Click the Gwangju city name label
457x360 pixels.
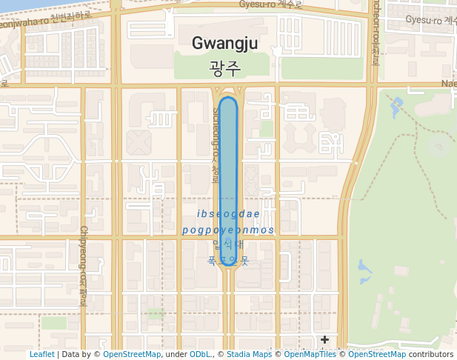click(x=224, y=44)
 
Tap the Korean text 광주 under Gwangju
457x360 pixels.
click(x=225, y=69)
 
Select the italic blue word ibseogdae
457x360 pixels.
click(x=228, y=214)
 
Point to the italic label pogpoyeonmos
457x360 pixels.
click(x=228, y=230)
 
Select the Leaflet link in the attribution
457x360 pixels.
click(x=41, y=355)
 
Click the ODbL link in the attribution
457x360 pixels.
click(x=200, y=355)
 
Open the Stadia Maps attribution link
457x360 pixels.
click(x=249, y=355)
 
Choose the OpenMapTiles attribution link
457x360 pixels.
click(x=310, y=355)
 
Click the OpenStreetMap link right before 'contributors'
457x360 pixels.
click(x=376, y=355)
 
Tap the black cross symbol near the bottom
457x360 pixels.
click(x=324, y=339)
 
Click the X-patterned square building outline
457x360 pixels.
click(x=139, y=141)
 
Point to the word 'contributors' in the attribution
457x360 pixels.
click(x=431, y=355)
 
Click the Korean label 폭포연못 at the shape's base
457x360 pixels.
click(x=228, y=261)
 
